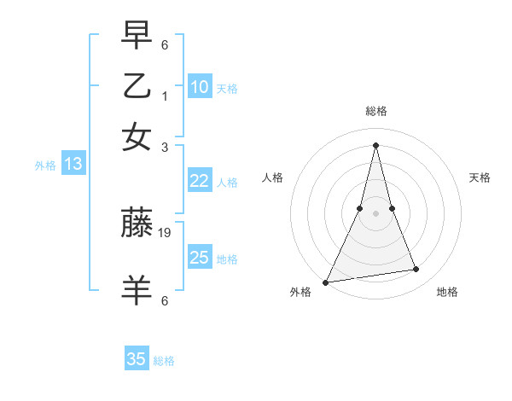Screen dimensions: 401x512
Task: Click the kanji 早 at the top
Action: click(137, 37)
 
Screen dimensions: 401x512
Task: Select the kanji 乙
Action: click(137, 86)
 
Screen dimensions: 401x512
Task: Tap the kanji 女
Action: click(137, 137)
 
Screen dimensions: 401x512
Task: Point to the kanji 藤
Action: click(137, 224)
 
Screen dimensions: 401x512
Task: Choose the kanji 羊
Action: click(137, 289)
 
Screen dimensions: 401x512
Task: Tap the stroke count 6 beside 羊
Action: click(165, 300)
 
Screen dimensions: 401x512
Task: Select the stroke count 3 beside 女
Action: click(165, 147)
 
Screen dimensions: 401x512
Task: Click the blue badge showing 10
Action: click(199, 87)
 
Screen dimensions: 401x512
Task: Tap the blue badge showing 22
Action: click(199, 181)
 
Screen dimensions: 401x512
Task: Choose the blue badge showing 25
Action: click(199, 258)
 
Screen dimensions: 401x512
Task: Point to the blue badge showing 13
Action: click(73, 164)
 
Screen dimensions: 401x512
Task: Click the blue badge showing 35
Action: click(137, 359)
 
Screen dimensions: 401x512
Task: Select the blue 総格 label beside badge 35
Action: click(164, 361)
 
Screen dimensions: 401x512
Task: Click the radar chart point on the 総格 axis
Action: click(375, 144)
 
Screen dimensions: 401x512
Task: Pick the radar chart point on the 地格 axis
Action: click(416, 270)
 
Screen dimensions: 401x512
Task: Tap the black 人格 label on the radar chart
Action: click(273, 177)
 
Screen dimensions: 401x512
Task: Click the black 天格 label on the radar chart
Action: click(480, 177)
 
